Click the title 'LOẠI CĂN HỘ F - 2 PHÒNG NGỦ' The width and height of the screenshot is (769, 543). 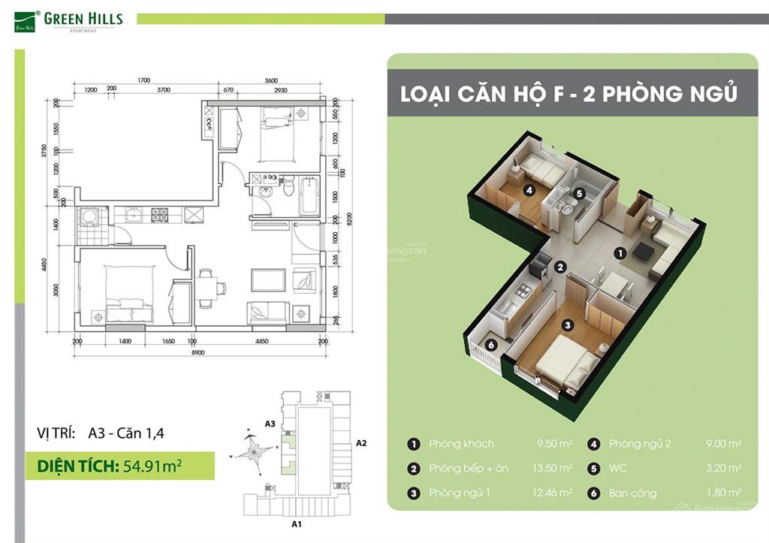pyautogui.click(x=568, y=95)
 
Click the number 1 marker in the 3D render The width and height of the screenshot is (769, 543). pyautogui.click(x=620, y=254)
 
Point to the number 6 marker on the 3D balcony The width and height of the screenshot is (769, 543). pyautogui.click(x=490, y=345)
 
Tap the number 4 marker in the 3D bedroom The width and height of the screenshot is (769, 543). pyautogui.click(x=529, y=191)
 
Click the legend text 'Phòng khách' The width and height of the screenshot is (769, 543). pyautogui.click(x=461, y=444)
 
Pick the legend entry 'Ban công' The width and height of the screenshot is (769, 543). pyautogui.click(x=632, y=493)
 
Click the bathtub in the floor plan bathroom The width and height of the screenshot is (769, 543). pyautogui.click(x=309, y=195)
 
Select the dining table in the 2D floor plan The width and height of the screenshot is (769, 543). pyautogui.click(x=210, y=286)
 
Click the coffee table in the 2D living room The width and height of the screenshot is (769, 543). pyautogui.click(x=268, y=279)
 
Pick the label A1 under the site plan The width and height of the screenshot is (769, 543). pyautogui.click(x=296, y=523)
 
